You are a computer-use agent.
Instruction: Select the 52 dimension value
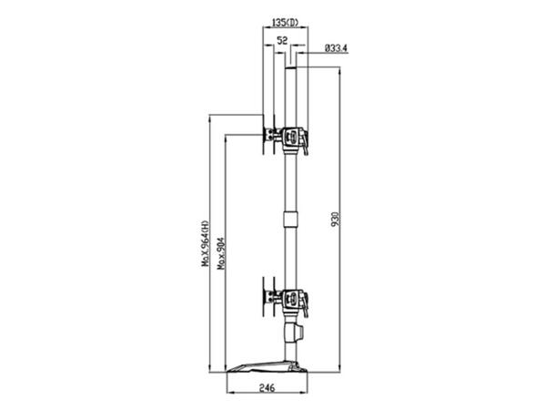click(x=282, y=40)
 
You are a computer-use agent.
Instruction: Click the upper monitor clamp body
click(x=292, y=138)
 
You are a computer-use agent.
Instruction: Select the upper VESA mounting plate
click(x=268, y=139)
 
